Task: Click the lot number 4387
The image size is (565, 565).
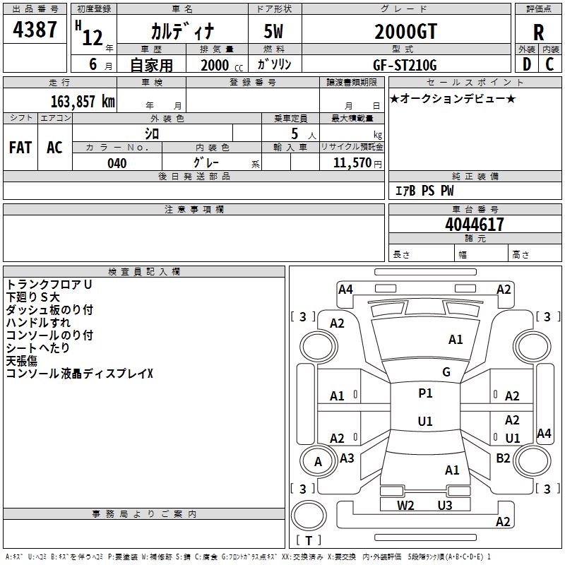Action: (x=35, y=30)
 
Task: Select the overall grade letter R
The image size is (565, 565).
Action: (x=539, y=32)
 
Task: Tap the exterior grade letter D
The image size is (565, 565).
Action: (x=527, y=64)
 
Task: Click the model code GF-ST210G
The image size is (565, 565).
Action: (x=405, y=65)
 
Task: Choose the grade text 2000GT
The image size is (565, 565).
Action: (x=405, y=32)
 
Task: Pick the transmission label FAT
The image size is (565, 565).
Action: (x=20, y=147)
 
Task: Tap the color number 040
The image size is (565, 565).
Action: (x=117, y=163)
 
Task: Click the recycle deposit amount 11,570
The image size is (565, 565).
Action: (x=353, y=163)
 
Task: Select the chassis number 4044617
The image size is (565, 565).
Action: (x=475, y=225)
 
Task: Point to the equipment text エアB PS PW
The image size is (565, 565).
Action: (x=424, y=191)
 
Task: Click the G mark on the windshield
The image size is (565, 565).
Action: (x=446, y=372)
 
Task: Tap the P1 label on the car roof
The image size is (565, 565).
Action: (x=425, y=393)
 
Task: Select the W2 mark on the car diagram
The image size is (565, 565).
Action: (x=405, y=505)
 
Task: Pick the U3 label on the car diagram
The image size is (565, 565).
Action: (x=444, y=505)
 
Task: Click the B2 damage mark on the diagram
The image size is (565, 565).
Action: (x=503, y=458)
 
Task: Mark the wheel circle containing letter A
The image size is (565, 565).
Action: (x=318, y=462)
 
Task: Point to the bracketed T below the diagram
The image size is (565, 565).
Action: (x=309, y=541)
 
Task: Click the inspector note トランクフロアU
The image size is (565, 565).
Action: (x=49, y=285)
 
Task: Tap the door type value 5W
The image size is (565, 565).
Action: (x=274, y=32)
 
